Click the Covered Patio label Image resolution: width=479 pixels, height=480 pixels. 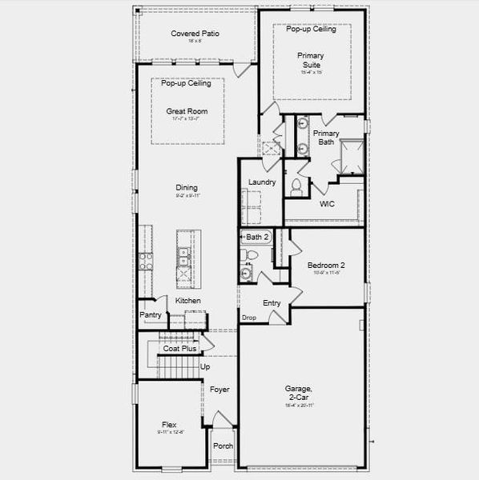tap(195, 34)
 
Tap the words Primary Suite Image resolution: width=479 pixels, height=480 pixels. tap(310, 60)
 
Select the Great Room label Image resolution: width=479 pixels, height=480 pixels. tap(186, 111)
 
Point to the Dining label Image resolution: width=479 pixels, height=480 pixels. tap(187, 188)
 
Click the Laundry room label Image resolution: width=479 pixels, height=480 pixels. tap(262, 182)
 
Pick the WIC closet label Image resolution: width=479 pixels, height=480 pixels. tap(327, 204)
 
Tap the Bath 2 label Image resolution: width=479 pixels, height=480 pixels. tap(257, 237)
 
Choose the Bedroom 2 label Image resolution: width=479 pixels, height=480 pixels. tap(326, 265)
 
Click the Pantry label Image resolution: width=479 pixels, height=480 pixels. tap(151, 315)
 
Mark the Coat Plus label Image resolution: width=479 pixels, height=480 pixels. tap(179, 349)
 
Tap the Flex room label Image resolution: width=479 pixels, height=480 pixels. tap(169, 425)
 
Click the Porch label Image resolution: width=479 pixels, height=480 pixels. tap(223, 446)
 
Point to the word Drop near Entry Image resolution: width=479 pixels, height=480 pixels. tap(249, 318)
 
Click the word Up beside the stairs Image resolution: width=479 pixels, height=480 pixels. tap(205, 366)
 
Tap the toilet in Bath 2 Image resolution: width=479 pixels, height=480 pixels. tap(250, 255)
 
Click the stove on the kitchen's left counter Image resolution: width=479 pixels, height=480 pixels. tap(146, 260)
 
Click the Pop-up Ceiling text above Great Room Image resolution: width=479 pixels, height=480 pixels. tap(186, 83)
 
